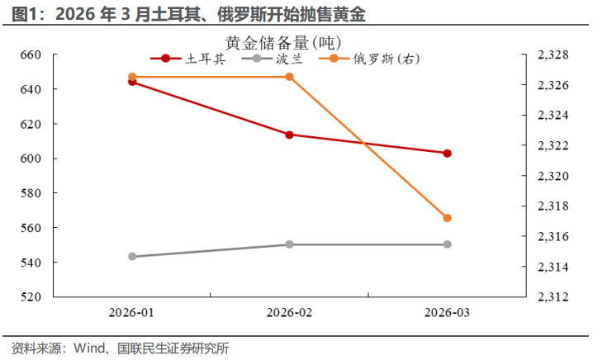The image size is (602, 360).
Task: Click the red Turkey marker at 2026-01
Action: click(x=132, y=82)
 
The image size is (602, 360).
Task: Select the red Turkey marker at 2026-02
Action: click(x=290, y=135)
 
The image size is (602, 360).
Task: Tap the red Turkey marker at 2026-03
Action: click(x=448, y=153)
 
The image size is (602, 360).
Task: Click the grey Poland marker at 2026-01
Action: click(x=132, y=257)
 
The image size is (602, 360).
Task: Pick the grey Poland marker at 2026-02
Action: click(x=290, y=244)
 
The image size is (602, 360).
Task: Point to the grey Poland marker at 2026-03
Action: click(x=448, y=244)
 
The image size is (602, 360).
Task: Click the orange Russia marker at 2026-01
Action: click(x=132, y=77)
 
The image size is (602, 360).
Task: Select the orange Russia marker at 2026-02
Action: click(x=290, y=77)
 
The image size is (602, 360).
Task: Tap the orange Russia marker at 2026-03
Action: click(x=448, y=218)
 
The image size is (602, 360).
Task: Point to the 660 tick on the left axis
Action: click(x=30, y=54)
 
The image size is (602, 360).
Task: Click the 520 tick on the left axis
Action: click(x=30, y=297)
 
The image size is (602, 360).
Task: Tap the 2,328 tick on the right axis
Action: click(x=552, y=54)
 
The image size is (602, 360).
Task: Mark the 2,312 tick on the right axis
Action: click(x=552, y=297)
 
